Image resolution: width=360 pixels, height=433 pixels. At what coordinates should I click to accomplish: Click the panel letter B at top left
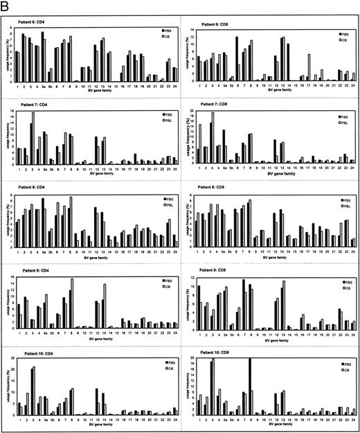pyautogui.click(x=6, y=6)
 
